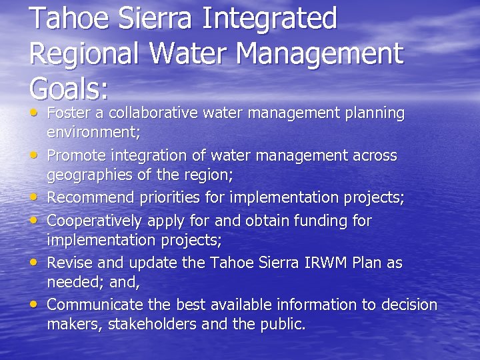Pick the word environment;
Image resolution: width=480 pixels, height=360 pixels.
click(x=93, y=132)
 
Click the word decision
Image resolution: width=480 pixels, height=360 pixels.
click(x=409, y=305)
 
